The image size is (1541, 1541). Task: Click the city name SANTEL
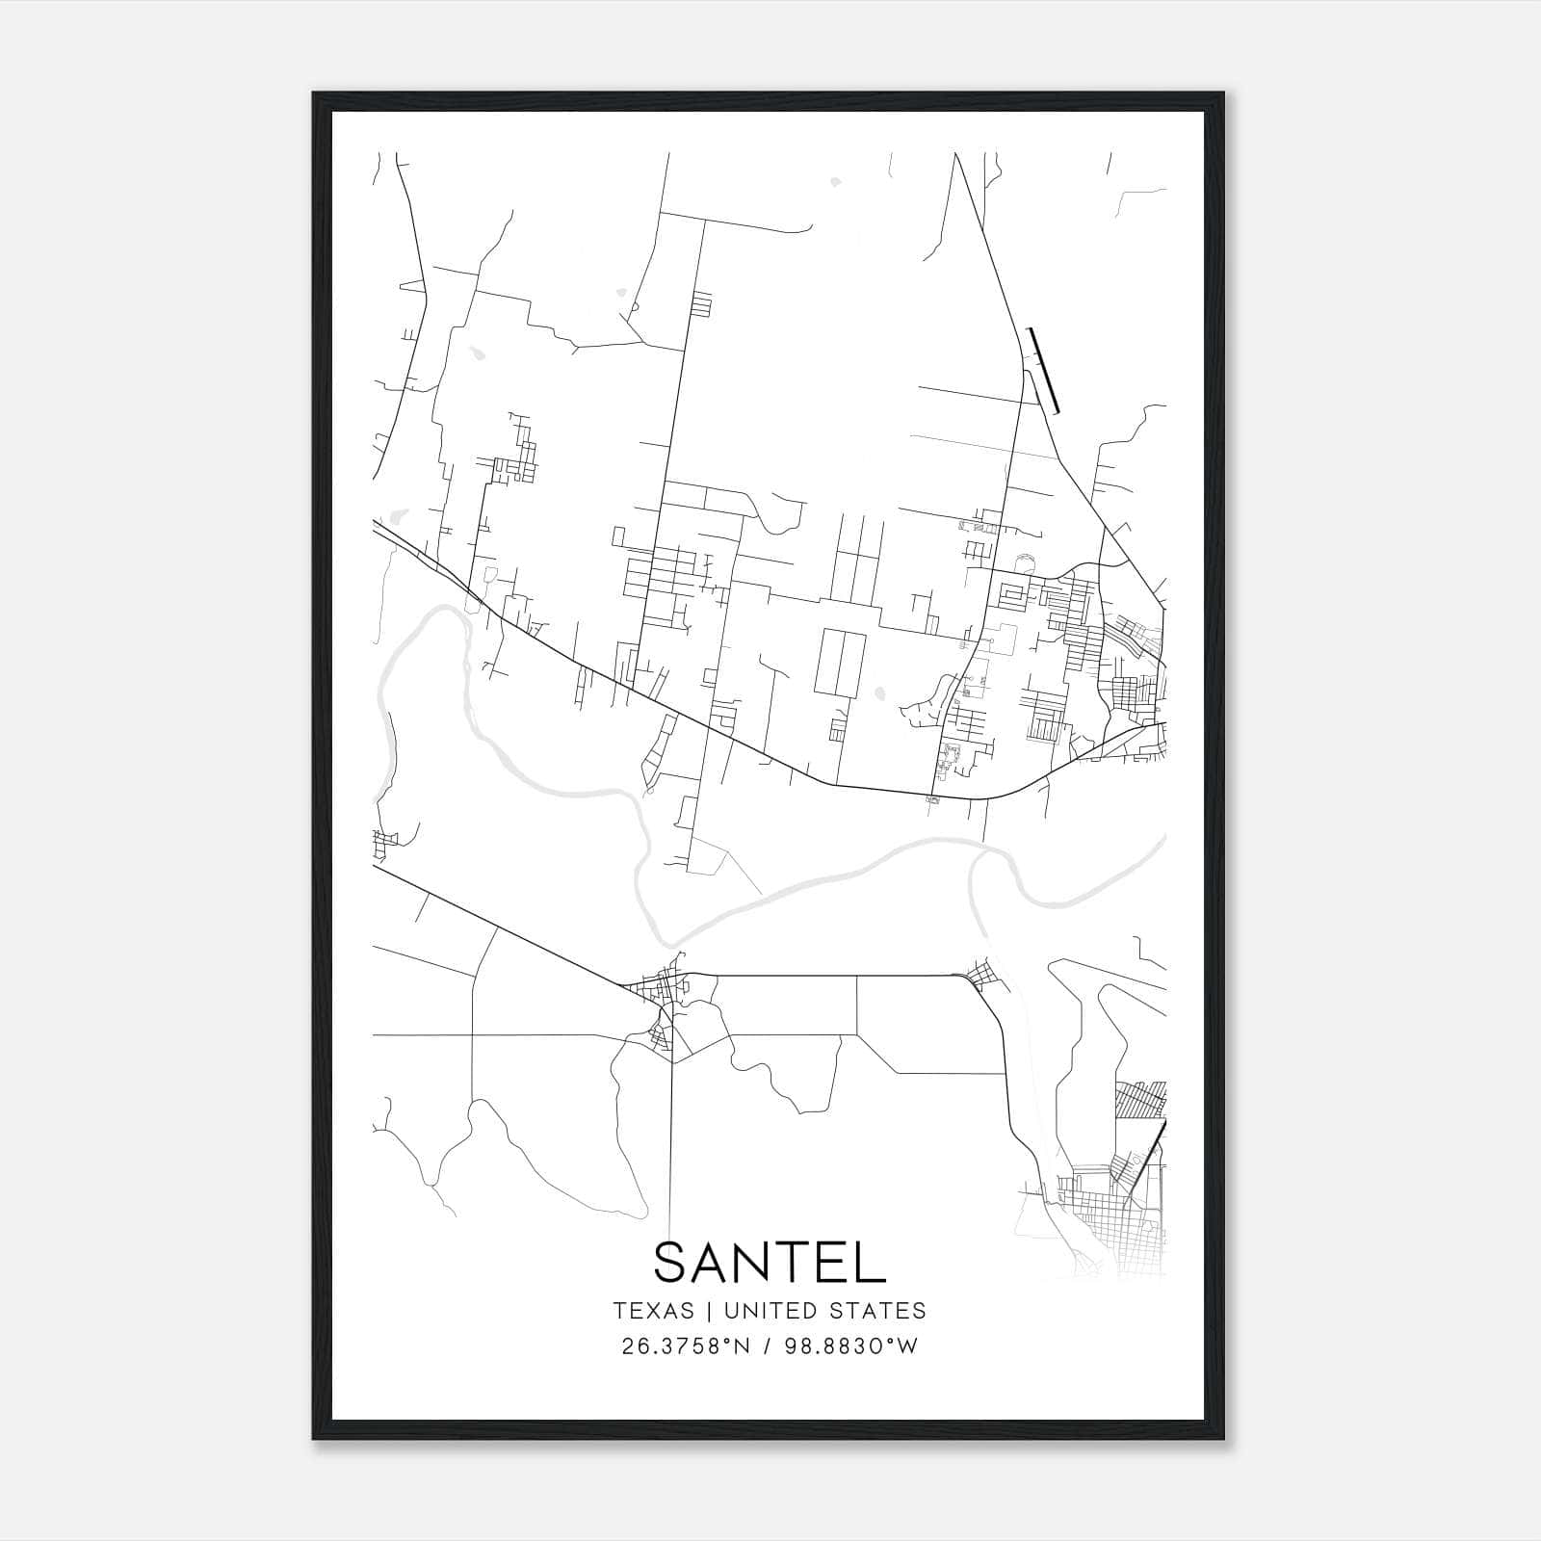tap(770, 1262)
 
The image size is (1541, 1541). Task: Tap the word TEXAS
tap(653, 1311)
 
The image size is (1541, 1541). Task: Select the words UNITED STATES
tap(824, 1311)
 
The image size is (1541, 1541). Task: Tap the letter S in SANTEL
tap(671, 1262)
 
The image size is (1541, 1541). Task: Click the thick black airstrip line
tap(1043, 371)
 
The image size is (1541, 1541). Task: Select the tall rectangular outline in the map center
tap(840, 663)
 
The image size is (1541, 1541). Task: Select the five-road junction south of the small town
tap(671, 1061)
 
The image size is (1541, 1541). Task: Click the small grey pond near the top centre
tap(834, 180)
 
